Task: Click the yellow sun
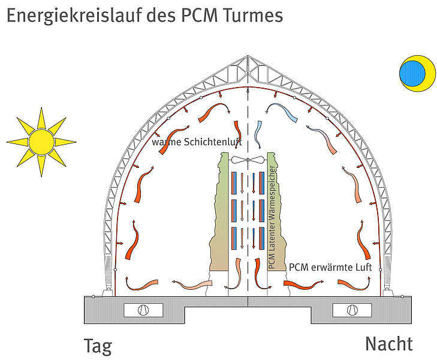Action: click(41, 142)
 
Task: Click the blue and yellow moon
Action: click(416, 73)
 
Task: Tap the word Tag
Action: click(98, 347)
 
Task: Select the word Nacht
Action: click(388, 344)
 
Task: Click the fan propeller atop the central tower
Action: click(248, 161)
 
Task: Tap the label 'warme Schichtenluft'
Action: click(197, 142)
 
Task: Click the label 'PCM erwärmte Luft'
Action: click(330, 267)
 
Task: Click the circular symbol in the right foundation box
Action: click(352, 310)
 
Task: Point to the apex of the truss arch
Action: click(248, 58)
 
